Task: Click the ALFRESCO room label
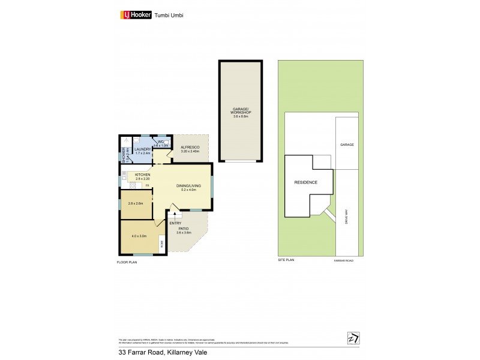[x=190, y=148]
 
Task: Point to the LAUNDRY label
[x=142, y=150]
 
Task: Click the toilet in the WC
[x=167, y=142]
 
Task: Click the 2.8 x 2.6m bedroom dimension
[x=136, y=203]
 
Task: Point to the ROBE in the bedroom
[x=161, y=244]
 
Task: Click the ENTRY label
[x=175, y=223]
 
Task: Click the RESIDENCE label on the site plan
[x=305, y=182]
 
